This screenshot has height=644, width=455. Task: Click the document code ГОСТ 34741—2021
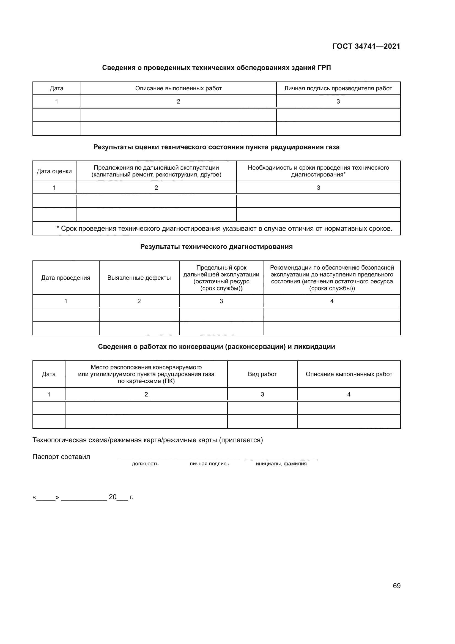(366, 46)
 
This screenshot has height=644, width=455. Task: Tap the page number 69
(396, 586)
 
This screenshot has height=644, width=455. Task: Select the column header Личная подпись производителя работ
(338, 88)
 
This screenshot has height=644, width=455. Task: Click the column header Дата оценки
(54, 171)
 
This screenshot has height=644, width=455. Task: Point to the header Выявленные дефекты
(139, 278)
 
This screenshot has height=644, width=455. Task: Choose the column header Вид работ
(262, 374)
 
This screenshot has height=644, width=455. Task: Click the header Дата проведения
(65, 278)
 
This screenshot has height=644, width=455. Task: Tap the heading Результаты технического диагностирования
(216, 246)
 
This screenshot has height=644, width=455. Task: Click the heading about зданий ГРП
(216, 68)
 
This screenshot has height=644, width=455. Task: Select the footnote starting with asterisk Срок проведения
(224, 229)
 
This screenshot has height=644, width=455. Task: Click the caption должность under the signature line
(145, 464)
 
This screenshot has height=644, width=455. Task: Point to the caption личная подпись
(209, 464)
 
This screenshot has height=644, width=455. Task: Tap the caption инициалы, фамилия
(281, 464)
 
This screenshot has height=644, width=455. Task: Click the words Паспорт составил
(61, 456)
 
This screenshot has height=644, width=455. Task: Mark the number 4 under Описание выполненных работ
(349, 394)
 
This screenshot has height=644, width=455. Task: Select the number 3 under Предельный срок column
(221, 301)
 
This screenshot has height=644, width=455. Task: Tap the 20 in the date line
(113, 497)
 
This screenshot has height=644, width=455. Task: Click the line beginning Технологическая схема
(148, 440)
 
